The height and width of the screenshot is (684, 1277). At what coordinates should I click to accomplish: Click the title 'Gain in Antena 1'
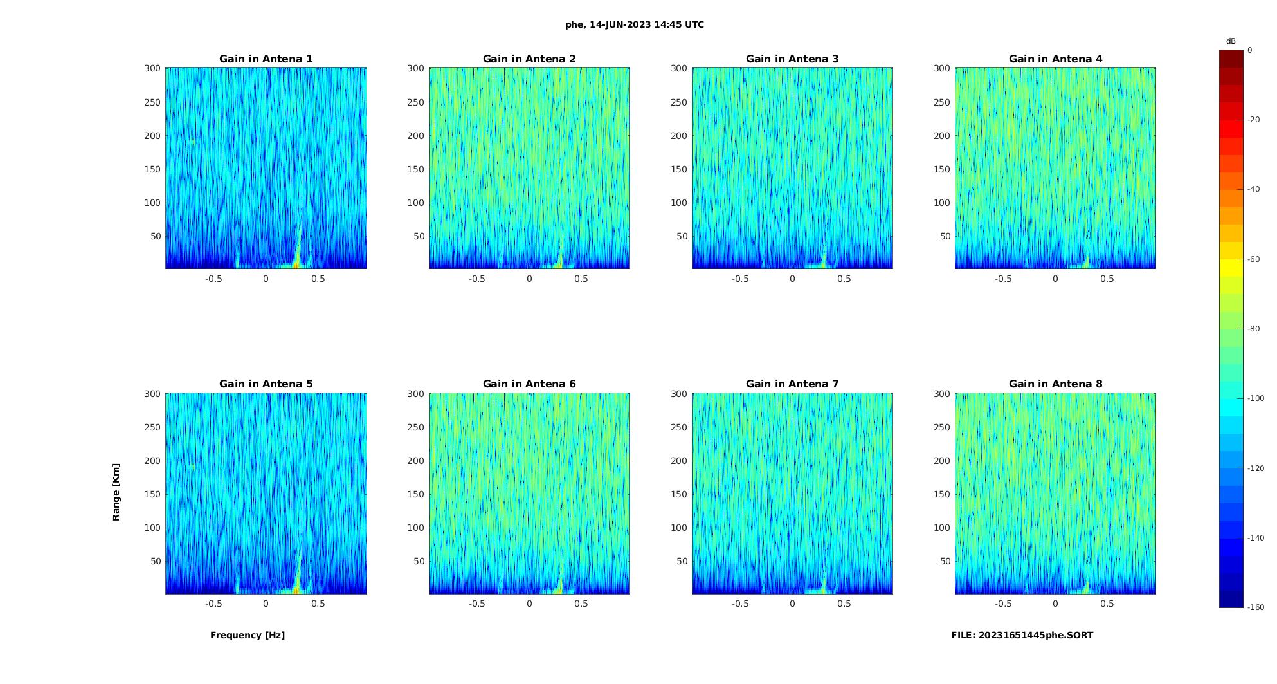[266, 59]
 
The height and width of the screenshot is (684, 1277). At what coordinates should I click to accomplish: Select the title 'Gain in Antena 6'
[529, 384]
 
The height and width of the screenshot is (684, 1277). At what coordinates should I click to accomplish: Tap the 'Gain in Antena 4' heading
[1055, 59]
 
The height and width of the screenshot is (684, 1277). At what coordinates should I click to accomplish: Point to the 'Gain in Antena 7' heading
[792, 384]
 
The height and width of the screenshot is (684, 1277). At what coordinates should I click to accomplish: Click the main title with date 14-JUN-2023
[635, 25]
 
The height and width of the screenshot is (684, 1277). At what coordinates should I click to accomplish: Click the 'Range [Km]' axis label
[116, 492]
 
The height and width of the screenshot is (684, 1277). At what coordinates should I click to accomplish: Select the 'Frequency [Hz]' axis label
[248, 635]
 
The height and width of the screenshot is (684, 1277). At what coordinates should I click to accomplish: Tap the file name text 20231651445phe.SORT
[1022, 635]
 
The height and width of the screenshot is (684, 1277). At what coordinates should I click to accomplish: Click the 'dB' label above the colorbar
[1231, 41]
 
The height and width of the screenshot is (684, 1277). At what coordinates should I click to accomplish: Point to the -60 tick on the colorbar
[1254, 259]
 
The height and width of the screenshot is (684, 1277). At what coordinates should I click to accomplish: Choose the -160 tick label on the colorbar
[1256, 607]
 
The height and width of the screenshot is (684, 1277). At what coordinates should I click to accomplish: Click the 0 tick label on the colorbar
[1250, 50]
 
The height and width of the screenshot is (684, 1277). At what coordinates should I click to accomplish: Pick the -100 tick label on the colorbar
[1256, 398]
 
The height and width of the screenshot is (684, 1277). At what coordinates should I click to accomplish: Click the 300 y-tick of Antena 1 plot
[152, 68]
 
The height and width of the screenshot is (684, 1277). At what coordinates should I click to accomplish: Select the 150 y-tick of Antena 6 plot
[415, 494]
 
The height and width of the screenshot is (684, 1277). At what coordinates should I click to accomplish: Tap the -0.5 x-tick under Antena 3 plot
[740, 279]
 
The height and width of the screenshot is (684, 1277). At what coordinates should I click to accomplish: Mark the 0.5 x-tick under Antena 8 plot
[1107, 604]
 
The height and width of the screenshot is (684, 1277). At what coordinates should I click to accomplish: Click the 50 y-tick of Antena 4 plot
[945, 236]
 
